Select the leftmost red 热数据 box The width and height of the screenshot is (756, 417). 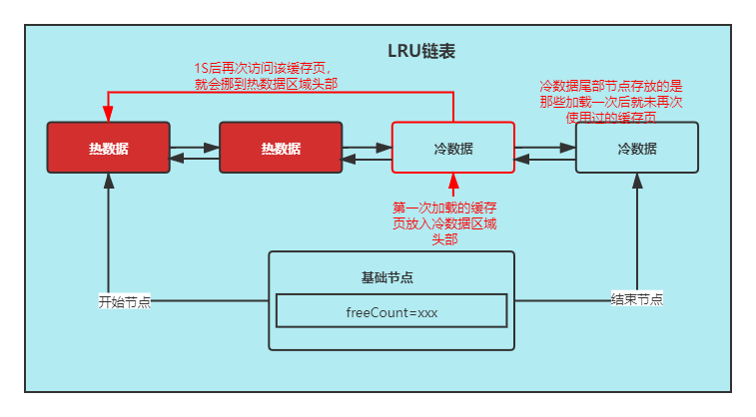click(x=108, y=148)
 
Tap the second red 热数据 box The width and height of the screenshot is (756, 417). click(x=281, y=148)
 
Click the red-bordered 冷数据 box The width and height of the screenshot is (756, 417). click(x=452, y=148)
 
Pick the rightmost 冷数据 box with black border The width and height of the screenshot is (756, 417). click(x=637, y=148)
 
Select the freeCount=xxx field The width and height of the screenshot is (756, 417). click(x=391, y=311)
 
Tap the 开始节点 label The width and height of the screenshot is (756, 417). click(x=124, y=301)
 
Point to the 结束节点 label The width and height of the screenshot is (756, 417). click(x=636, y=299)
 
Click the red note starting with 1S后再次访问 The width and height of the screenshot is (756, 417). click(x=265, y=76)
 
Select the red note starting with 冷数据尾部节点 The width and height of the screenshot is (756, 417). click(x=610, y=102)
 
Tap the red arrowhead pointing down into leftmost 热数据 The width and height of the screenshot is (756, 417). click(x=108, y=115)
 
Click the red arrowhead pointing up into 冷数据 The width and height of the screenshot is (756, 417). click(x=452, y=181)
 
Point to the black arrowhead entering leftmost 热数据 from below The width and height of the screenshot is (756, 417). click(x=108, y=182)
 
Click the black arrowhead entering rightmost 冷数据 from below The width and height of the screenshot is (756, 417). click(x=637, y=182)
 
